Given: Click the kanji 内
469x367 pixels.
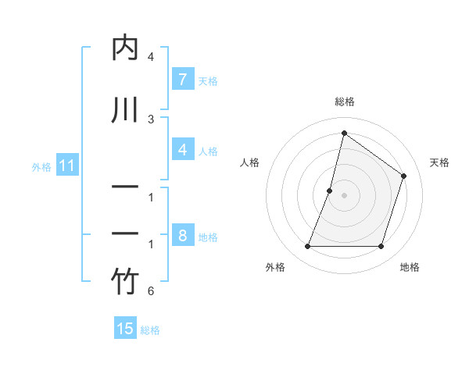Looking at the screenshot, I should coord(125,48).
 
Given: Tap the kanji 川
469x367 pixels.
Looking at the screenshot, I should coord(125,109).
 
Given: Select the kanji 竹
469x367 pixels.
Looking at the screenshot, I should coord(125,282).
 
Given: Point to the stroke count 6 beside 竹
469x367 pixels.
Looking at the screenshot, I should coord(151,292).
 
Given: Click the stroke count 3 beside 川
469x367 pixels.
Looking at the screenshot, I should coord(151,119).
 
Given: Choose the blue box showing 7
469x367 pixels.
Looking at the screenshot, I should coord(182,79).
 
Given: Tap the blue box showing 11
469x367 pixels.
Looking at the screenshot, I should coord(66,166).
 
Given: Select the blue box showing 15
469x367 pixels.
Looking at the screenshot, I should coord(125,329).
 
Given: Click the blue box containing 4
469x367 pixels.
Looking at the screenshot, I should coord(182,149).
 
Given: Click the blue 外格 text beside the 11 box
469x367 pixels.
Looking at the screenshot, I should coord(41,166).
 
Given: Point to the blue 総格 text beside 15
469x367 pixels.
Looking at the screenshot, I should coord(150,330).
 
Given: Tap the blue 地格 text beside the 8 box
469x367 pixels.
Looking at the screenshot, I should coord(208,237).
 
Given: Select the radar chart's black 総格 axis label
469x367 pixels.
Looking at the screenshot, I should coord(344,102).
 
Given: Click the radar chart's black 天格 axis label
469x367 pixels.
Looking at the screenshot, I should coord(440,162).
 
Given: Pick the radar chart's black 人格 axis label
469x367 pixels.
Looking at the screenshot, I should coord(249,162).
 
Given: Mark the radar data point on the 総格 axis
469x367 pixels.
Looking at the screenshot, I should coord(344,133).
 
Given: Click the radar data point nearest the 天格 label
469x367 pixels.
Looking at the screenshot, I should coord(404,176).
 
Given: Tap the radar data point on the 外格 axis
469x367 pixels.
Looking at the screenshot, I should coord(307,247).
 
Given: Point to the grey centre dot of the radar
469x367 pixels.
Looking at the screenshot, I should coord(344,195).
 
